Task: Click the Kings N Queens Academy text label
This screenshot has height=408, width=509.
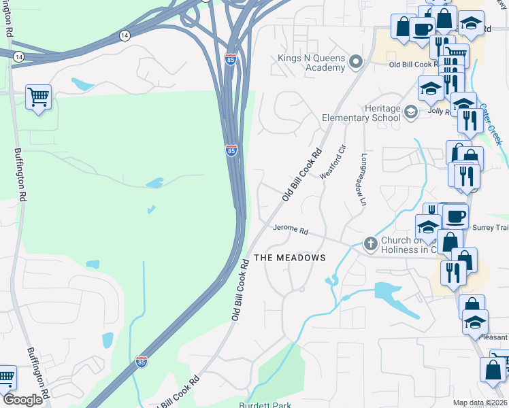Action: pos(312,63)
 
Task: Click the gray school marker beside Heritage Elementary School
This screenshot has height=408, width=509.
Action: pos(410,112)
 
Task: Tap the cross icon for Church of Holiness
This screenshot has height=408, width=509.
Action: pos(371,243)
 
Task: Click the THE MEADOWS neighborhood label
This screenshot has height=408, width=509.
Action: pos(290,258)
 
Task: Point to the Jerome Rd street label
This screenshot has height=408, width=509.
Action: pos(291,231)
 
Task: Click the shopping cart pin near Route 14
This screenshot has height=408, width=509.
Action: pos(39,97)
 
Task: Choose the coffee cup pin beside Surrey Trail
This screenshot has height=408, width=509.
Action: pos(455,216)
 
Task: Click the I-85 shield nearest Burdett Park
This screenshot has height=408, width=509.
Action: pos(142,360)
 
